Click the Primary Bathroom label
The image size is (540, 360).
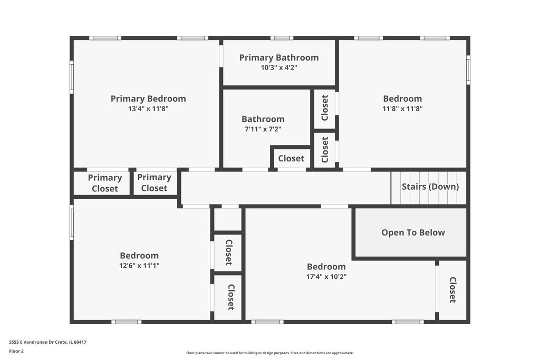pos(279,57)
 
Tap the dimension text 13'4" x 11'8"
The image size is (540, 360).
pos(148,109)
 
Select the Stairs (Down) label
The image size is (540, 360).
pos(430,187)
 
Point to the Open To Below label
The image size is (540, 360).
pos(413,232)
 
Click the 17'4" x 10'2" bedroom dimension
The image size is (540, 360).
pos(326,276)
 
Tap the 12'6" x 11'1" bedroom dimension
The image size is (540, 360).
pos(139,265)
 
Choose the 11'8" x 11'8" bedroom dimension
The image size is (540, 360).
pos(402,109)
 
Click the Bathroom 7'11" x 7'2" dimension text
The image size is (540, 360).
pos(263,130)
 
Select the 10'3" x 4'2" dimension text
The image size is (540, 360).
pos(279,67)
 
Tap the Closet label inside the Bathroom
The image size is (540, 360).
pos(291,158)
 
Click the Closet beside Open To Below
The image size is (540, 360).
pos(452,290)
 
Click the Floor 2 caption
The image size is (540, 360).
pos(16,351)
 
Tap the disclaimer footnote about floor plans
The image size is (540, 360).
pos(269,353)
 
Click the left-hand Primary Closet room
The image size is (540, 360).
pos(102,183)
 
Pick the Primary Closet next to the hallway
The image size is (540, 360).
pos(156,183)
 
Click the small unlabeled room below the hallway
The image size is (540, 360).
pos(228,219)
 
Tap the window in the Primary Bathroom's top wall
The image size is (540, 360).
pos(282,38)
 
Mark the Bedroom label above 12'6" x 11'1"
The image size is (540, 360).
pos(139,255)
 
